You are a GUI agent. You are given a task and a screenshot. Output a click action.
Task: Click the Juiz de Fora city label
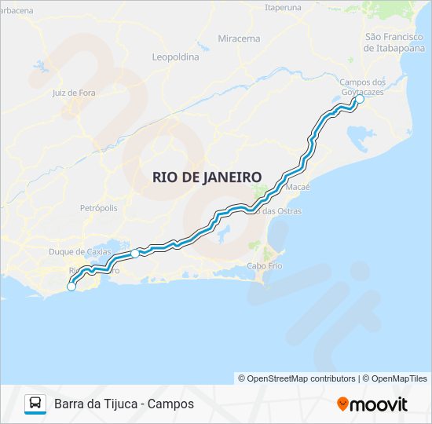(73, 93)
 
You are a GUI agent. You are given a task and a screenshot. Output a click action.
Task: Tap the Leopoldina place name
(174, 57)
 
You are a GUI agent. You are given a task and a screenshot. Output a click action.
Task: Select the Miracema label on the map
(239, 38)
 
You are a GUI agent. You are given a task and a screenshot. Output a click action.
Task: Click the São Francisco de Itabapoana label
(394, 42)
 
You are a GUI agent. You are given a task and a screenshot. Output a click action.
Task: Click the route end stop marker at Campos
(360, 100)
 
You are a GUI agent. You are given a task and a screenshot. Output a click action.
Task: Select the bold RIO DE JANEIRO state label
(207, 177)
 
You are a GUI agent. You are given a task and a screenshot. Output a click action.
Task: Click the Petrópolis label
(99, 208)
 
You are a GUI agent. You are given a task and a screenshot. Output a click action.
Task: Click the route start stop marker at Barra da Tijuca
(71, 287)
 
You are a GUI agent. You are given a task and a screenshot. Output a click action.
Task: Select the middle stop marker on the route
(135, 253)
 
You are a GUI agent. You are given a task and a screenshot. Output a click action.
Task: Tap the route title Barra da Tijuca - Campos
(124, 404)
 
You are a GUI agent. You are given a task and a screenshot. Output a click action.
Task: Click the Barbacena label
(16, 10)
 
